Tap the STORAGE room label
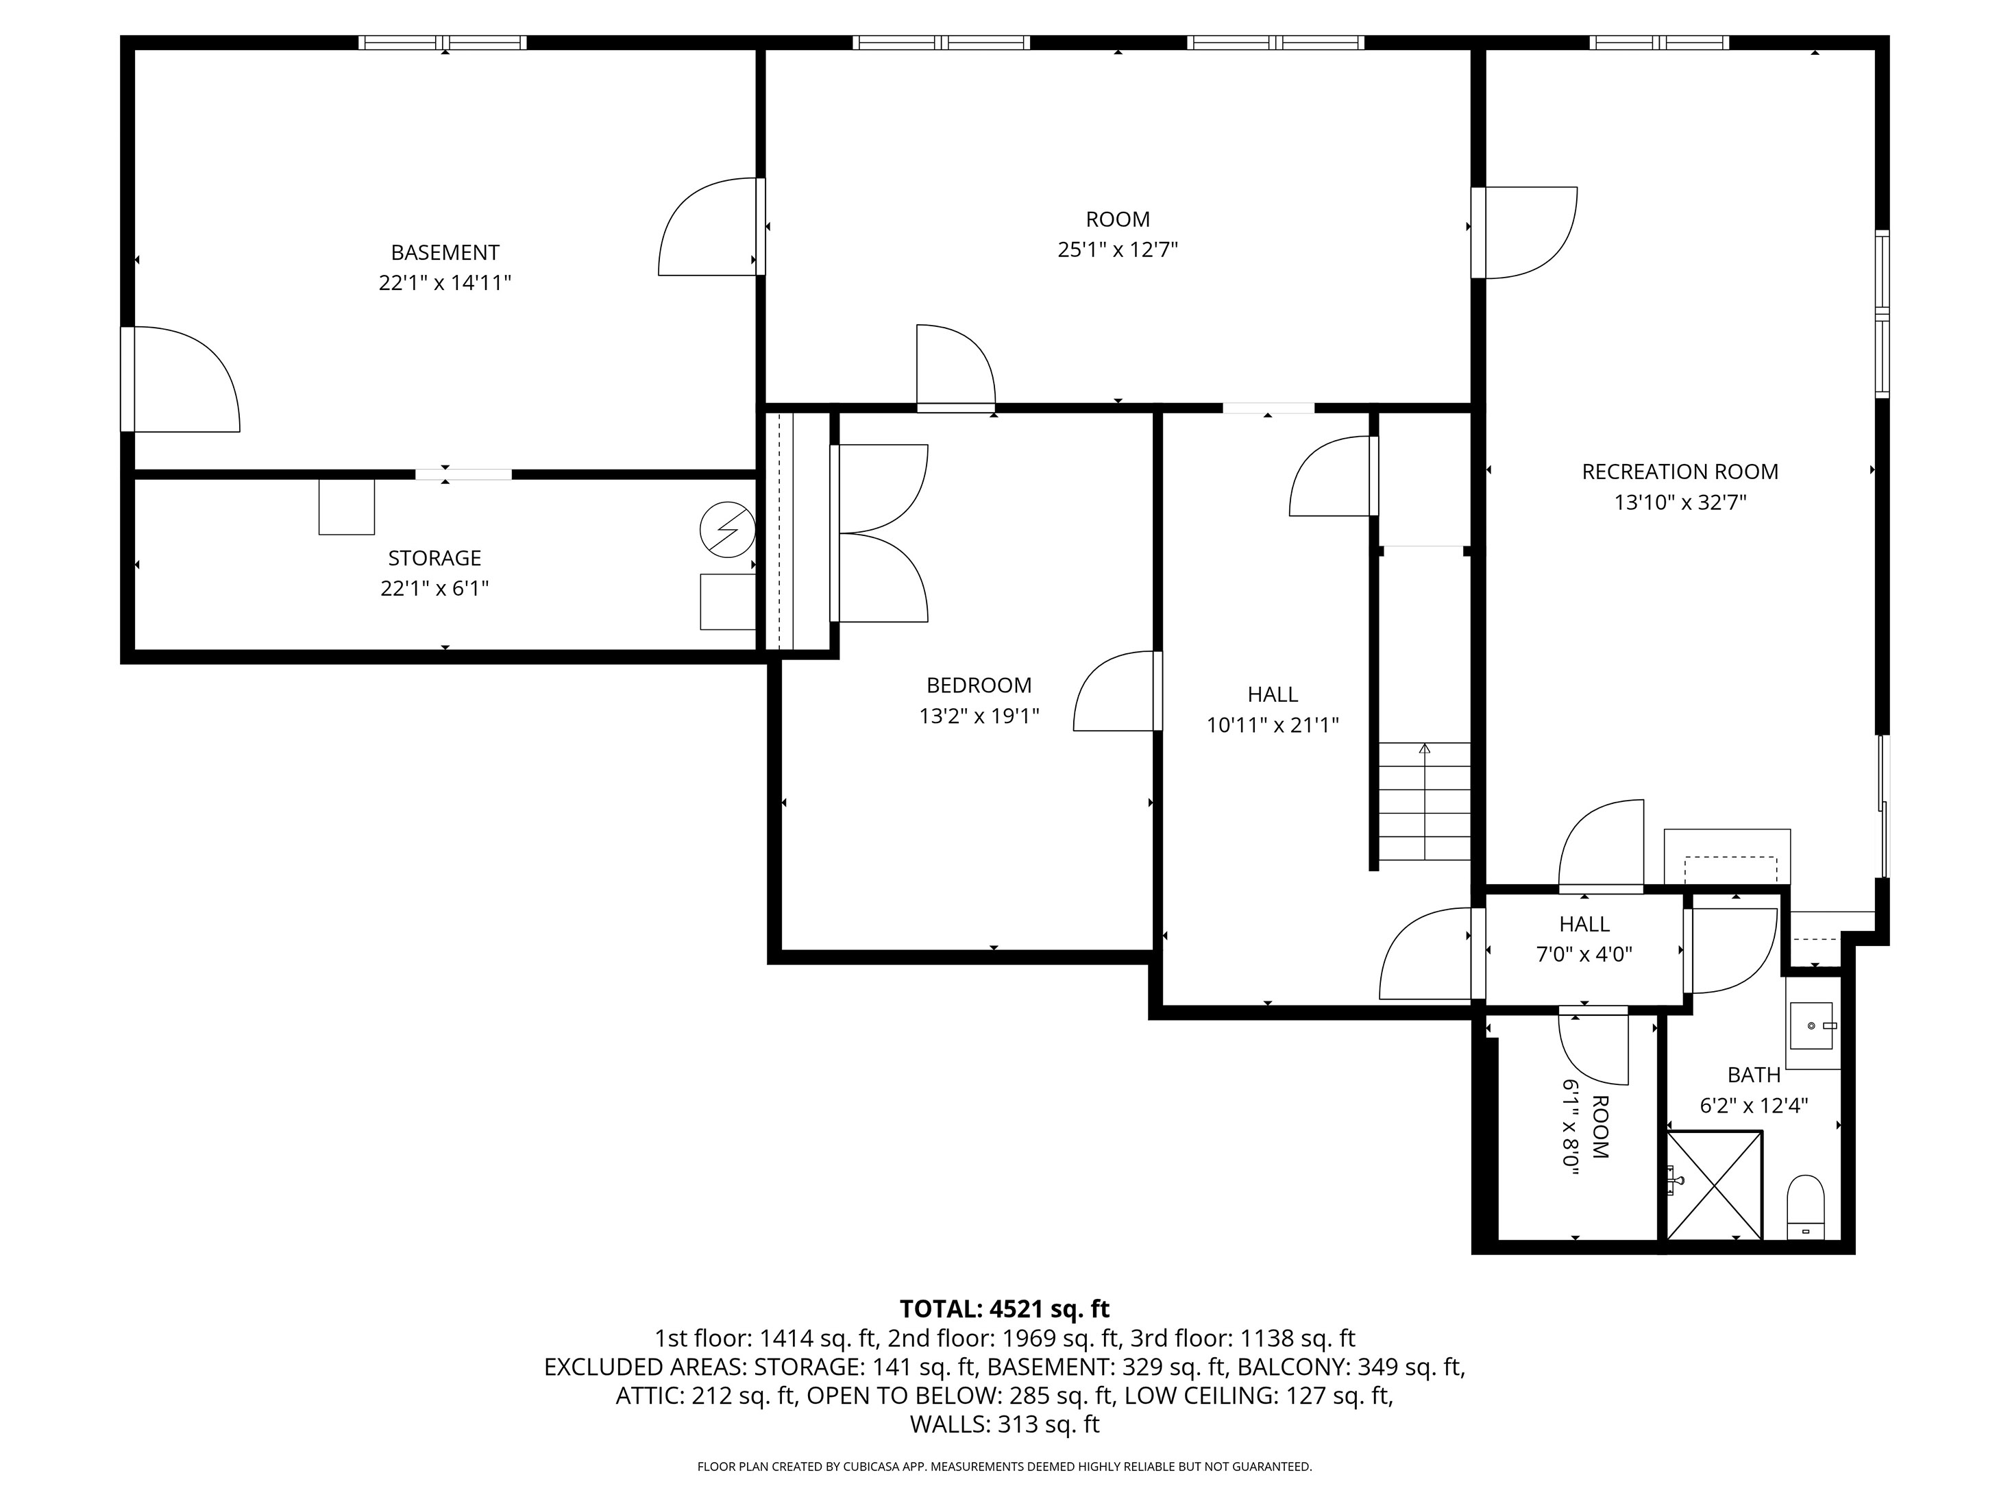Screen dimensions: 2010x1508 pyautogui.click(x=434, y=558)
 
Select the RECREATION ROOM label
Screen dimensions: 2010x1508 pyautogui.click(x=1680, y=472)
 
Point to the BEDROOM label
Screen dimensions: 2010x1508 pyautogui.click(x=979, y=685)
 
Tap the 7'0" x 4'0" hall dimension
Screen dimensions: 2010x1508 pyautogui.click(x=1584, y=954)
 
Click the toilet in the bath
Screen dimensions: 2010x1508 pyautogui.click(x=1806, y=1207)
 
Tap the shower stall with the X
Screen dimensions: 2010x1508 pyautogui.click(x=1715, y=1185)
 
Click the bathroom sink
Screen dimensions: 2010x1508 pyautogui.click(x=1811, y=1025)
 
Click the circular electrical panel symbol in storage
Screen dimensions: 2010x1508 pyautogui.click(x=727, y=529)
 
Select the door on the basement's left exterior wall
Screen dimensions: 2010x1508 pyautogui.click(x=181, y=379)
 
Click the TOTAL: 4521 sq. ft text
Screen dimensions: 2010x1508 pyautogui.click(x=1004, y=1309)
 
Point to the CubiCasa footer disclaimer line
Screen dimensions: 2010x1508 pyautogui.click(x=1004, y=1466)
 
